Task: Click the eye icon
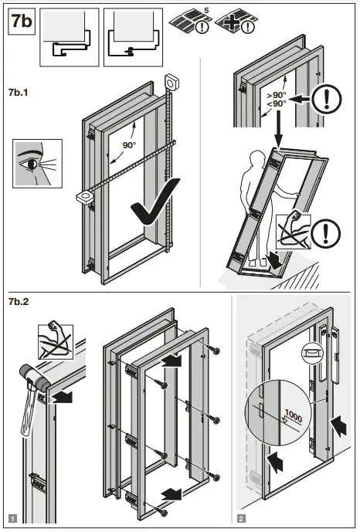click(32, 163)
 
